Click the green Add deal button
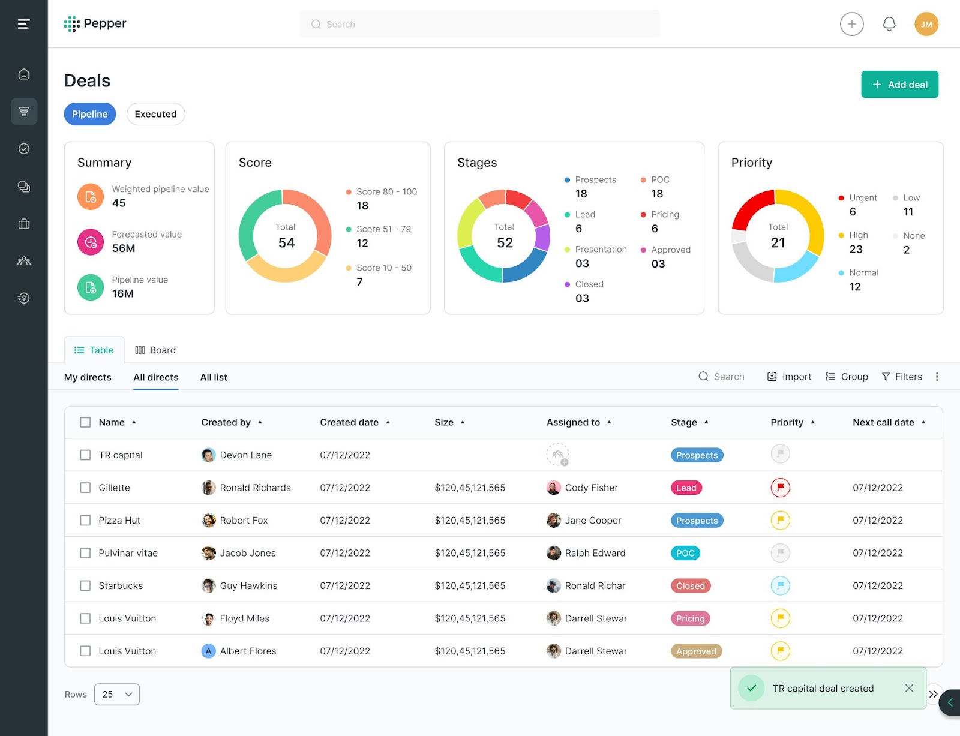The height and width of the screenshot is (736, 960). [x=899, y=85]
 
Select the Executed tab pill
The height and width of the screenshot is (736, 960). [x=155, y=114]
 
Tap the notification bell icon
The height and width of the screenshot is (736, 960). [x=889, y=24]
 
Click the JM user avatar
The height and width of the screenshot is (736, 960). [x=926, y=24]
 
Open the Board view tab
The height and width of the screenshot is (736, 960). [x=155, y=350]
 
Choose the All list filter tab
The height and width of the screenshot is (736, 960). [x=214, y=377]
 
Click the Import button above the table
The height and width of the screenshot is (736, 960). [x=789, y=377]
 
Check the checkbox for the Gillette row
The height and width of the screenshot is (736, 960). [x=85, y=488]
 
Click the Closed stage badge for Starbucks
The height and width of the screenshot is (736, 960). [x=690, y=586]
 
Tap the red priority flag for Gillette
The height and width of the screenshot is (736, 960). [x=780, y=488]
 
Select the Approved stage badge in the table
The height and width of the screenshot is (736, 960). [x=696, y=651]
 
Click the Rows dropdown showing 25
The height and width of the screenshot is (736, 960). [x=117, y=694]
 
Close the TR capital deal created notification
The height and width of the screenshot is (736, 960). [x=909, y=688]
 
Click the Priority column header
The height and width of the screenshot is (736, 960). [x=787, y=422]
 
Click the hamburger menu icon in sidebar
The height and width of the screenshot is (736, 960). [x=23, y=24]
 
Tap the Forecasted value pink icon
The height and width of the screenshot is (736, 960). [x=91, y=242]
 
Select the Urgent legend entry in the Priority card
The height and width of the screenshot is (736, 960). [x=863, y=198]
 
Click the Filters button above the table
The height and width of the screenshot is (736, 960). [x=902, y=377]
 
